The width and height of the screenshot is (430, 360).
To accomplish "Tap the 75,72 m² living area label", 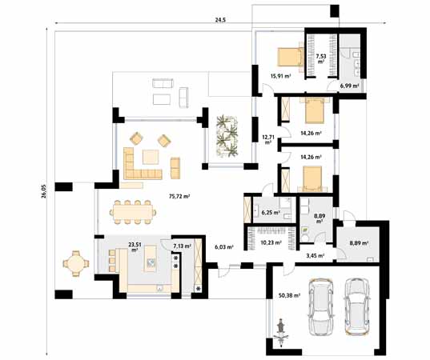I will point(179,196).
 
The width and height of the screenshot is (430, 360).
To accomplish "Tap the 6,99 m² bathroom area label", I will point(350,84).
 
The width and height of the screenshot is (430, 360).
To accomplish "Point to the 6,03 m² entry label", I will point(224,247).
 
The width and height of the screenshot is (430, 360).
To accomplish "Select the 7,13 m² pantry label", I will point(182,246).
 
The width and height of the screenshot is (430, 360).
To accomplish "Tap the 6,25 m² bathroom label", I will point(271,214).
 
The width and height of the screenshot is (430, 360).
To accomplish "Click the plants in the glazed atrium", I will point(227,136).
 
